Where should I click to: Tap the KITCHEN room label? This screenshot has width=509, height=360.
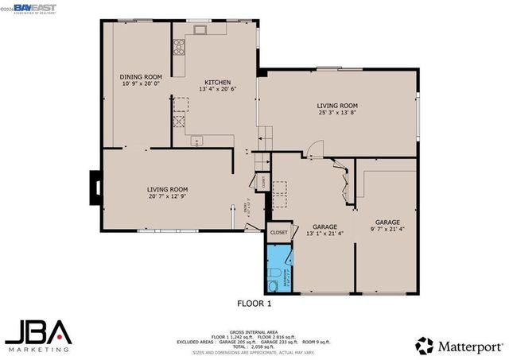coord(217,82)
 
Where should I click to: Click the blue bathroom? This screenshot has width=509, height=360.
coord(279,270)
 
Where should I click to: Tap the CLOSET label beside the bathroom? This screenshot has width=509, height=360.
coord(278,233)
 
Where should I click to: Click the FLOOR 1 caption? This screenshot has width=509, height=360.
coord(254,303)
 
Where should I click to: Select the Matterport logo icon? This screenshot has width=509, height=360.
coord(425,345)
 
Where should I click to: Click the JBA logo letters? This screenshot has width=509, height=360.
coord(39,331)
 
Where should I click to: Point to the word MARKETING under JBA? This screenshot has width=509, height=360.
coord(39,348)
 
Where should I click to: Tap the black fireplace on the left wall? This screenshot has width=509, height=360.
coord(96,188)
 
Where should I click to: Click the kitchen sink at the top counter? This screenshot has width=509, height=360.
coord(199,31)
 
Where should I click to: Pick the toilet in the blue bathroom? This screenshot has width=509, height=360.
coord(273,284)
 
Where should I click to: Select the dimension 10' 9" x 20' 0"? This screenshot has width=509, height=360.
coord(140,83)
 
